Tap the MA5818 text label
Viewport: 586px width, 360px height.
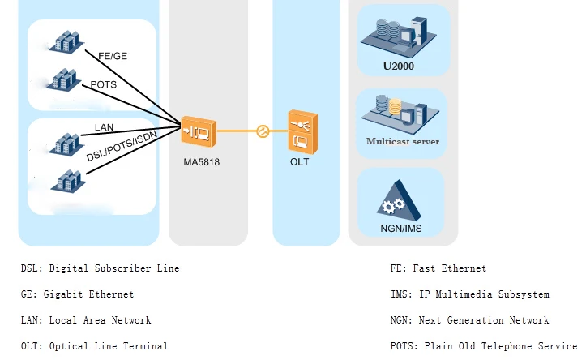point(201,162)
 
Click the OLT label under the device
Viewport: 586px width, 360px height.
point(299,161)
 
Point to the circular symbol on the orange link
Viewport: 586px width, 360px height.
point(262,130)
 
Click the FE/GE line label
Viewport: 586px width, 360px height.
point(112,56)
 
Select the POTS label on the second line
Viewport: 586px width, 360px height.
point(103,84)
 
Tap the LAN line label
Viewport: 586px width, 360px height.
point(104,127)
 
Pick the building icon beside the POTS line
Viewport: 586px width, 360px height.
point(63,79)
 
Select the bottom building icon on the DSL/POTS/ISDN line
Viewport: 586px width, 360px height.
point(64,179)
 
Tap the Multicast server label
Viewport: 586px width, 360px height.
point(403,141)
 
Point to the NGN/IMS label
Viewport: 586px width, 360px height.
point(400,229)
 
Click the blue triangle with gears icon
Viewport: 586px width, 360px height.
point(400,200)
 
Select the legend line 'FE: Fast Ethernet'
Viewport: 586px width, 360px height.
point(438,268)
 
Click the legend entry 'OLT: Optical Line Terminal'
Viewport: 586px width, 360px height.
point(94,346)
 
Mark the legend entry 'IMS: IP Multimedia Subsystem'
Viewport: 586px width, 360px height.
point(469,294)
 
